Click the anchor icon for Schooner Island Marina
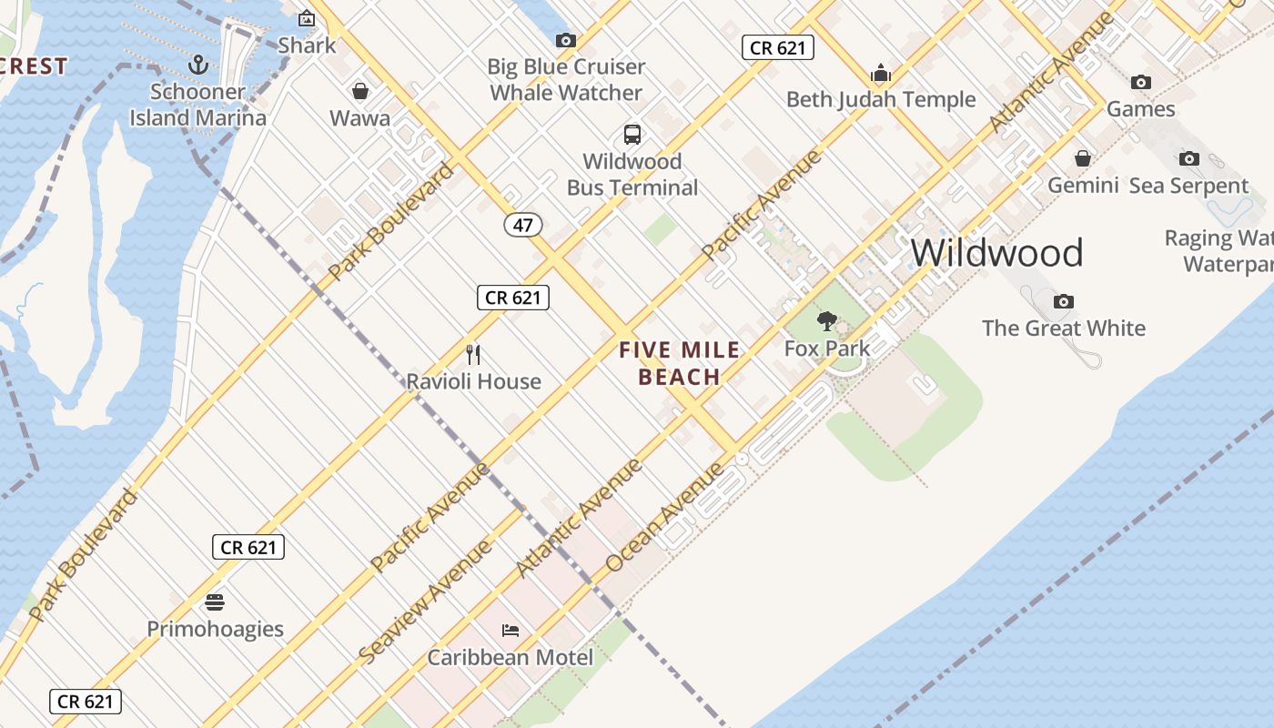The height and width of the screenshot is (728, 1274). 198,65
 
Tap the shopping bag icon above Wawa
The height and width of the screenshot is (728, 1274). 360,91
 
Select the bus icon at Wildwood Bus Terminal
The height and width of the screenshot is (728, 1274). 632,135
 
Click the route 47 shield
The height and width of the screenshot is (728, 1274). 522,225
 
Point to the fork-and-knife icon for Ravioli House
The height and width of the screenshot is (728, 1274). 473,354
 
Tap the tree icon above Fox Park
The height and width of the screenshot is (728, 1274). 826,320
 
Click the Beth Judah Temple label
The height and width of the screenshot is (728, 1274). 880,99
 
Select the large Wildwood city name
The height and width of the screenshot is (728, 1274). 996,252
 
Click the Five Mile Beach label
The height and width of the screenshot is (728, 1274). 679,363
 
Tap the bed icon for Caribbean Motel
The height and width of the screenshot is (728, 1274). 511,630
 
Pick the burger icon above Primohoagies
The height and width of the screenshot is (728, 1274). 215,602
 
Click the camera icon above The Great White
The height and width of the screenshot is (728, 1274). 1063,301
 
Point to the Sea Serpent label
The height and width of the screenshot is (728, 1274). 1188,186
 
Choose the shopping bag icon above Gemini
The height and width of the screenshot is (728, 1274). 1083,158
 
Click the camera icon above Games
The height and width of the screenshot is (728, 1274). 1141,82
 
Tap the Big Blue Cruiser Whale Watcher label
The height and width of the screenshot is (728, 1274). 566,79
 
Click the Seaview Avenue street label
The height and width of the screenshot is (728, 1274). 426,601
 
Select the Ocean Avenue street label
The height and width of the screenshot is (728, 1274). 665,517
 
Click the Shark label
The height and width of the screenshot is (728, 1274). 307,45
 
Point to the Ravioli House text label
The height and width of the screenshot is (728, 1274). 473,381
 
